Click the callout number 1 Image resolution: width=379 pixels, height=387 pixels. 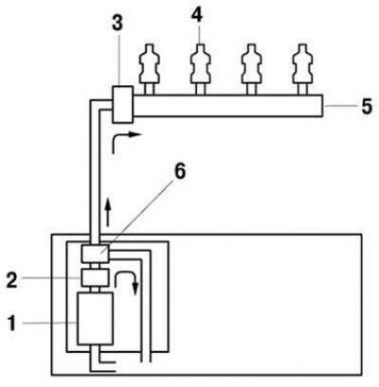click(x=11, y=325)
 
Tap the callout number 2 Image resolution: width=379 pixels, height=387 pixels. click(x=12, y=279)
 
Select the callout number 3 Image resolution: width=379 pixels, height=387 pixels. click(x=117, y=23)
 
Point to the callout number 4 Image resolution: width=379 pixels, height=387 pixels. click(x=197, y=15)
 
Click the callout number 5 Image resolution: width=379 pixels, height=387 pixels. click(x=367, y=107)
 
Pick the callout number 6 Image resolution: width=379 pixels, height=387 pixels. click(x=180, y=172)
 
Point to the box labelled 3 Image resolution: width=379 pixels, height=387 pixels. click(x=122, y=104)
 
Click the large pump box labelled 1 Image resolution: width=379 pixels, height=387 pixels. click(x=95, y=319)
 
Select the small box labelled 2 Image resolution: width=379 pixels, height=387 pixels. click(x=95, y=278)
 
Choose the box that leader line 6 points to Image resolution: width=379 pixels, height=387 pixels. click(x=95, y=254)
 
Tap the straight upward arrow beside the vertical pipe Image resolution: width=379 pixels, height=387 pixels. click(x=108, y=212)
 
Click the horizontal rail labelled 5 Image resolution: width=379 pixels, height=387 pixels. click(x=228, y=106)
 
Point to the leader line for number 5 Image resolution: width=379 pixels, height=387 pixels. click(x=340, y=107)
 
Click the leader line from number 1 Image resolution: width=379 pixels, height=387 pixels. click(x=49, y=323)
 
